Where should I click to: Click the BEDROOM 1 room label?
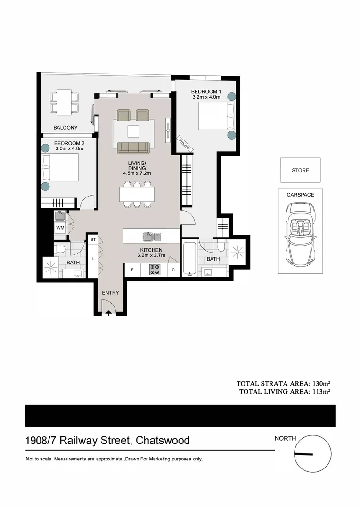click(x=206, y=91)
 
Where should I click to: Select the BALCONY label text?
click(x=65, y=128)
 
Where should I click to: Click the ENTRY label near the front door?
click(x=110, y=293)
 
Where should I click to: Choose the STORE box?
click(x=300, y=170)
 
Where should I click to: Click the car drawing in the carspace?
click(x=300, y=234)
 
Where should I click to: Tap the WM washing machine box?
click(x=60, y=228)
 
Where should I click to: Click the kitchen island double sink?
click(x=152, y=236)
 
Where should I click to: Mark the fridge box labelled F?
click(x=132, y=270)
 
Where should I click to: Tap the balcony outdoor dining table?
click(x=65, y=102)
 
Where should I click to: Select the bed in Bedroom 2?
click(x=60, y=168)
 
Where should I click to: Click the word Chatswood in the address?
click(x=163, y=441)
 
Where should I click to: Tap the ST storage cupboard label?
click(x=93, y=240)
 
